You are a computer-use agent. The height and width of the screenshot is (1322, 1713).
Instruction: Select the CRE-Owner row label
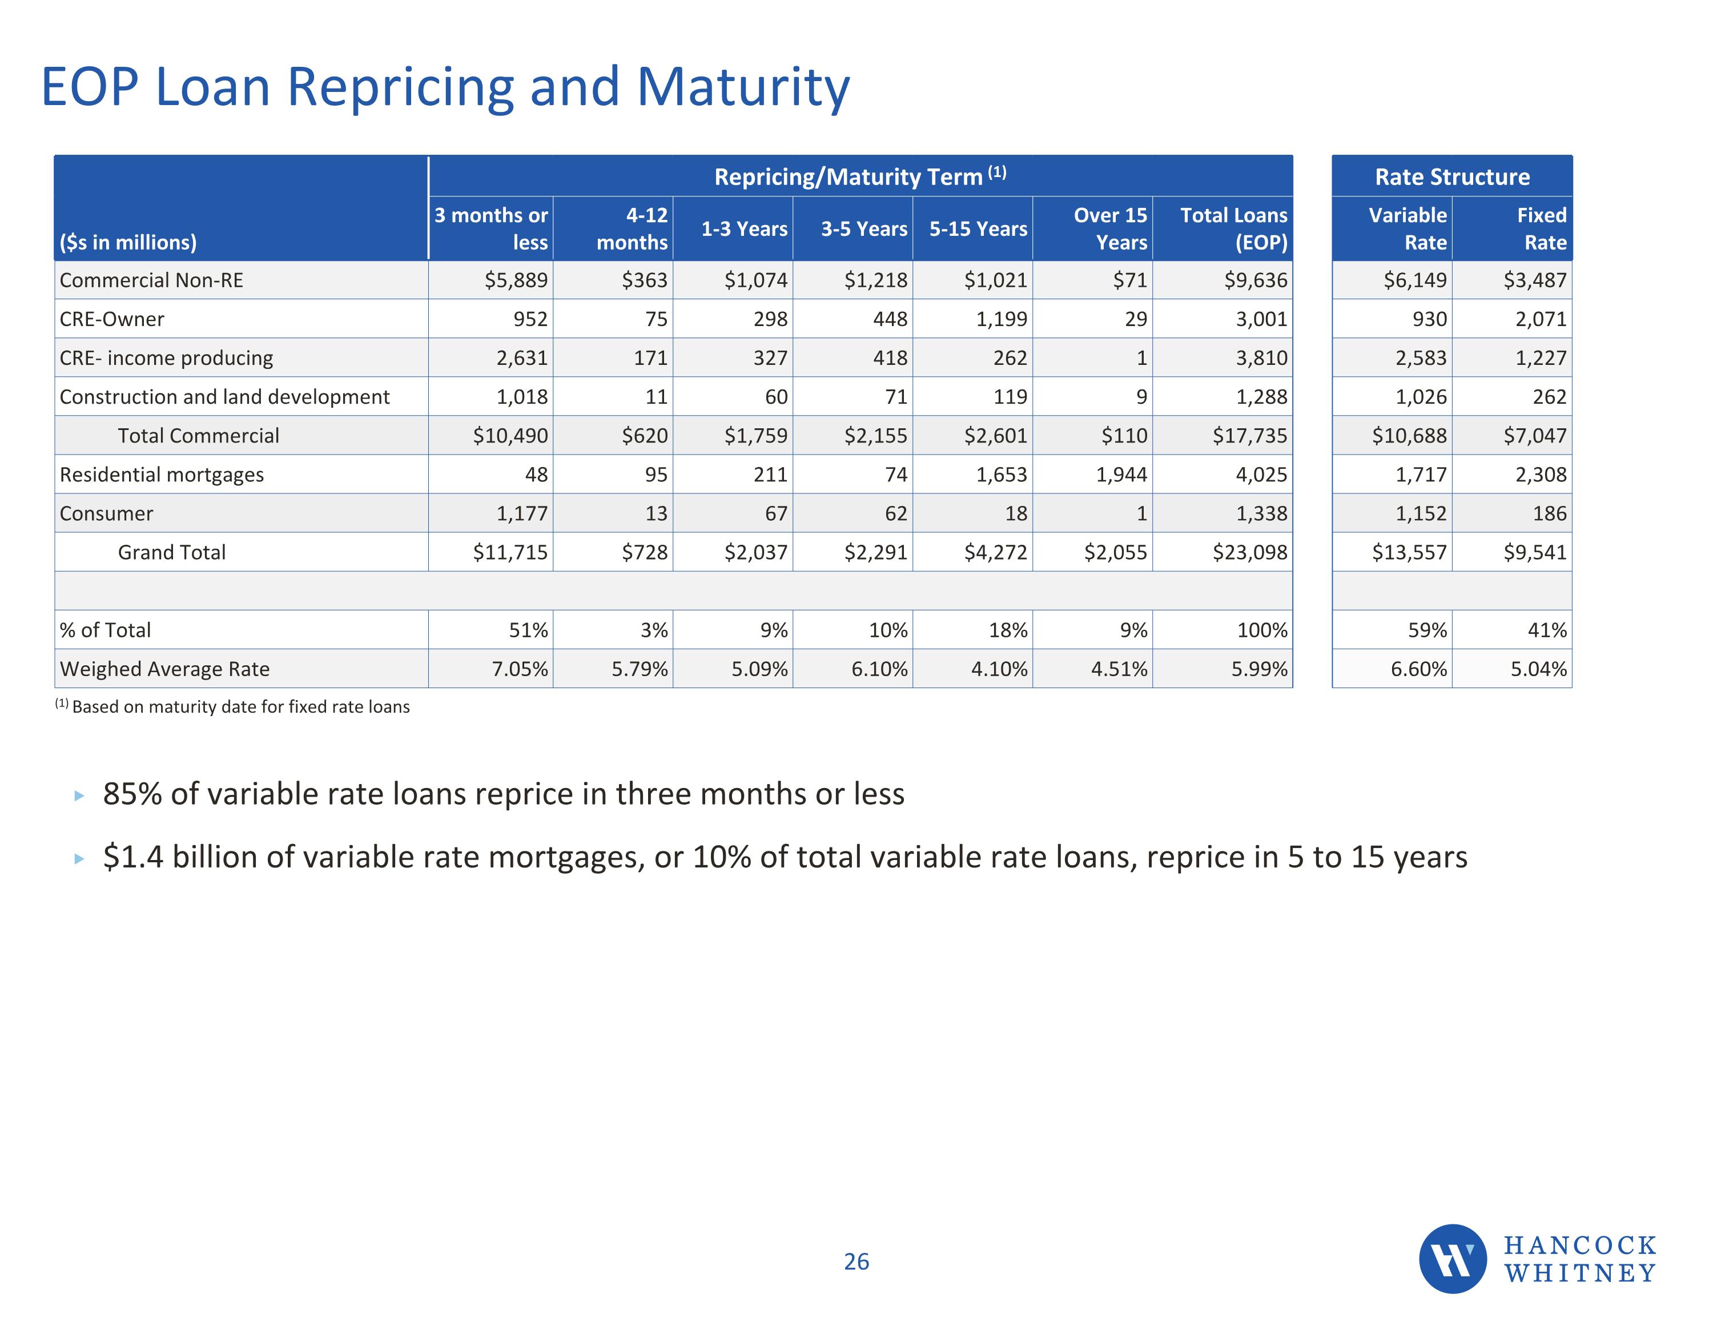coord(112,319)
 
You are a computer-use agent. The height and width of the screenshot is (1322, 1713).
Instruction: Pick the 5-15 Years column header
coord(978,229)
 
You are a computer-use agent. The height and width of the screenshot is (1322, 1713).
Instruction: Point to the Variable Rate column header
coord(1407,228)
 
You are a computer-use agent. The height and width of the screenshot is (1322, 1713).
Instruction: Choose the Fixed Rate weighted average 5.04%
coord(1538,669)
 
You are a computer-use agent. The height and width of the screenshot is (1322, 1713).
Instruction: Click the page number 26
coord(856,1261)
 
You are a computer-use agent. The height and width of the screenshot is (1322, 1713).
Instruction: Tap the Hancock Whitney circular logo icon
coord(1452,1259)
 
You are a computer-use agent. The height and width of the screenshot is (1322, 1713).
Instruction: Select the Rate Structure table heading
coord(1452,177)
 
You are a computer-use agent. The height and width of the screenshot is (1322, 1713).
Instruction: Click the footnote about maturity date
coord(233,707)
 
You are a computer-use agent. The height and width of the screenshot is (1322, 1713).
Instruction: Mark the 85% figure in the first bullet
coord(132,794)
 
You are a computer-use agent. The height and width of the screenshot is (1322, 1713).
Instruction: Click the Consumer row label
coord(107,514)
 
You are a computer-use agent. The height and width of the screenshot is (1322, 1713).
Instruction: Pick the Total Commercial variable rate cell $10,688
coord(1409,436)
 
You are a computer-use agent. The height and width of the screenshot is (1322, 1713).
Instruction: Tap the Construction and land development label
coord(224,397)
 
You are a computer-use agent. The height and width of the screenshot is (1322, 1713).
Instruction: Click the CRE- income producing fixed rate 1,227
coord(1541,357)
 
